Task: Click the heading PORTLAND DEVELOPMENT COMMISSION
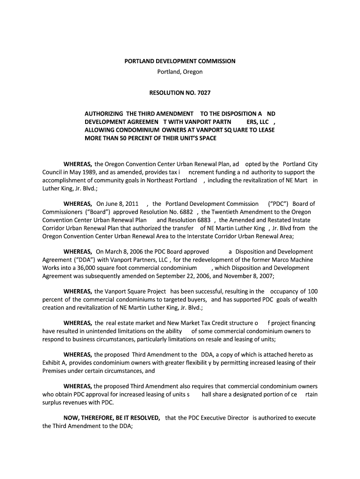[x=180, y=61]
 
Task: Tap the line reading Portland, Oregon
[x=180, y=72]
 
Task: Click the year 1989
[x=85, y=172]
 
